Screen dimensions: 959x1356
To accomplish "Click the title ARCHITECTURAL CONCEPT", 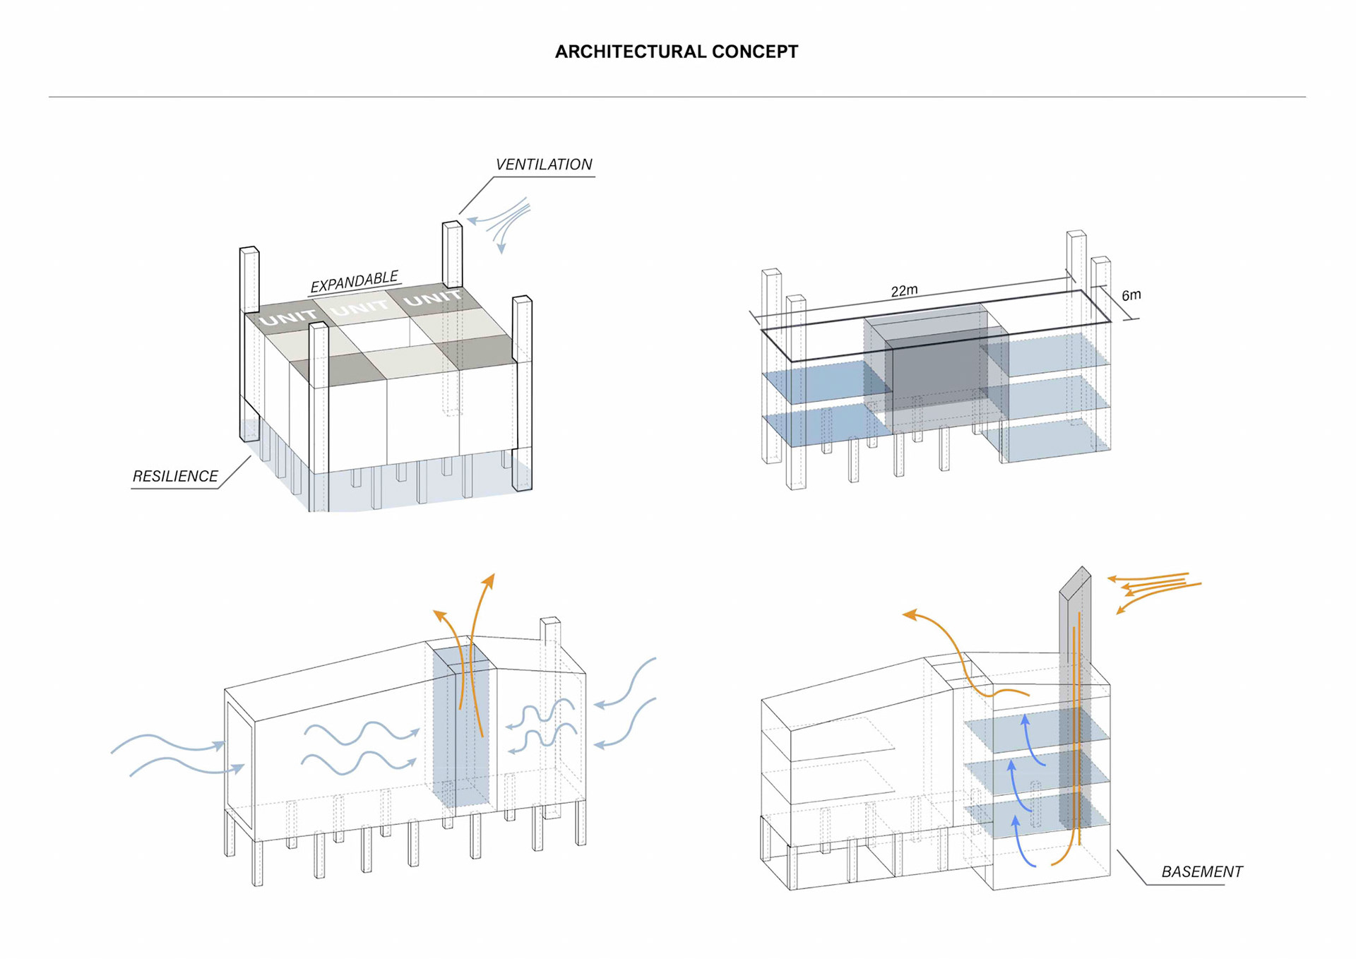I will point(676,52).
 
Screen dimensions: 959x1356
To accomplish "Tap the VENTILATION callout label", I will point(543,165).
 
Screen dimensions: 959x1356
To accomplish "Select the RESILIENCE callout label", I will point(175,477).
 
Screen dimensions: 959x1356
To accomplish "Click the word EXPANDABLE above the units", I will point(355,281).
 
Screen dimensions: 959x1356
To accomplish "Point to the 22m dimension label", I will point(904,291).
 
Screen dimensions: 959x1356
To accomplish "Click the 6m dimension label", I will point(1131,295).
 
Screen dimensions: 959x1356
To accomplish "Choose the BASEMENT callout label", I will point(1201,872).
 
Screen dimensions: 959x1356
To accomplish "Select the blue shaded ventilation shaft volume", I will point(460,727).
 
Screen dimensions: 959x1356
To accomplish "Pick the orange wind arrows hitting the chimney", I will point(1151,590).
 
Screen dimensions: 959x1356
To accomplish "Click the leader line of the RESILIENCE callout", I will point(236,472).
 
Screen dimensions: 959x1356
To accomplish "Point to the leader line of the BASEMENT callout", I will point(1131,867).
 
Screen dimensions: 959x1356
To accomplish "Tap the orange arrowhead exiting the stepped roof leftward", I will point(911,615).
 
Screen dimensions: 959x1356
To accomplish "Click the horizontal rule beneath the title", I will point(677,97).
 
